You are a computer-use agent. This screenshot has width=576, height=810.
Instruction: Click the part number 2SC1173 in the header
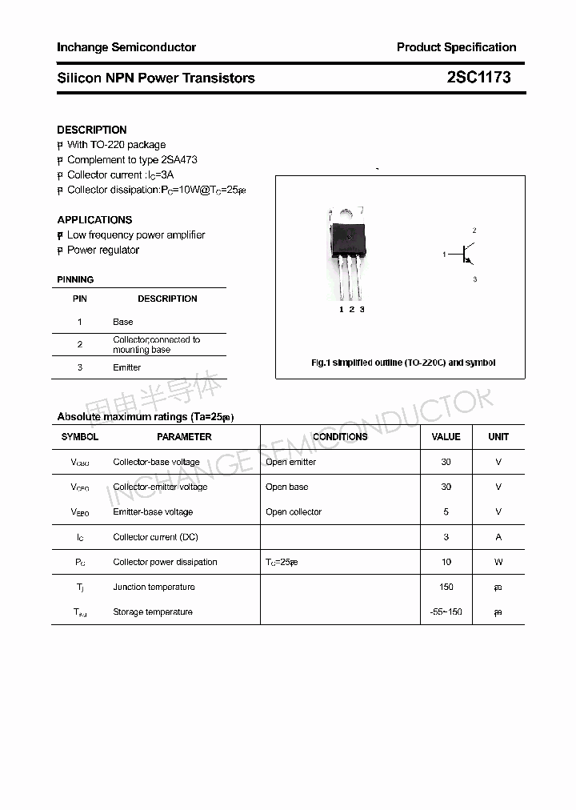[478, 78]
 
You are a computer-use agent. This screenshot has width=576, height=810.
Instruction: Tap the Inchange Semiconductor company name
[126, 47]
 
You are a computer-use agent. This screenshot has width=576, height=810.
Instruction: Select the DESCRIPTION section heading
[92, 130]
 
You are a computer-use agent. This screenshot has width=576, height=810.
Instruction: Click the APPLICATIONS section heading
[94, 219]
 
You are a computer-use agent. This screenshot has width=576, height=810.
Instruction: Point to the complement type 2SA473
[174, 159]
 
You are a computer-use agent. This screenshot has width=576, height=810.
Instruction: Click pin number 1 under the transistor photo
[341, 309]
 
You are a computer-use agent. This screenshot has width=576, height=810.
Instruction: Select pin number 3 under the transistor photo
[362, 309]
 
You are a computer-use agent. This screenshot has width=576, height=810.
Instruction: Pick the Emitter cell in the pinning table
[126, 367]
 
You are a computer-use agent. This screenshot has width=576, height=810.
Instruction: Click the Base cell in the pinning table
[123, 322]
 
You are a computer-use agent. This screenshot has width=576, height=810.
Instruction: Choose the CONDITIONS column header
[340, 437]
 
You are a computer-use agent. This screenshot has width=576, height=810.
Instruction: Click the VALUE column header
[446, 437]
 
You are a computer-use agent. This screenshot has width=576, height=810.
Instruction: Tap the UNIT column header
[498, 437]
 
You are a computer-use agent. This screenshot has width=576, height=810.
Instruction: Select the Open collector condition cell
[294, 511]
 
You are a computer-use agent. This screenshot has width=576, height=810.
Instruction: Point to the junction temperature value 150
[446, 587]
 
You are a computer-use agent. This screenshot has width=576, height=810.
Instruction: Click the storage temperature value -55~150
[446, 612]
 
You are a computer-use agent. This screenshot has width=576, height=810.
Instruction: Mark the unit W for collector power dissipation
[498, 562]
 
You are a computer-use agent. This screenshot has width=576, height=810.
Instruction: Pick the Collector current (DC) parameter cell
[155, 537]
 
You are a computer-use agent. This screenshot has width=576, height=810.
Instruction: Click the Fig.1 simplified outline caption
[402, 363]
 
